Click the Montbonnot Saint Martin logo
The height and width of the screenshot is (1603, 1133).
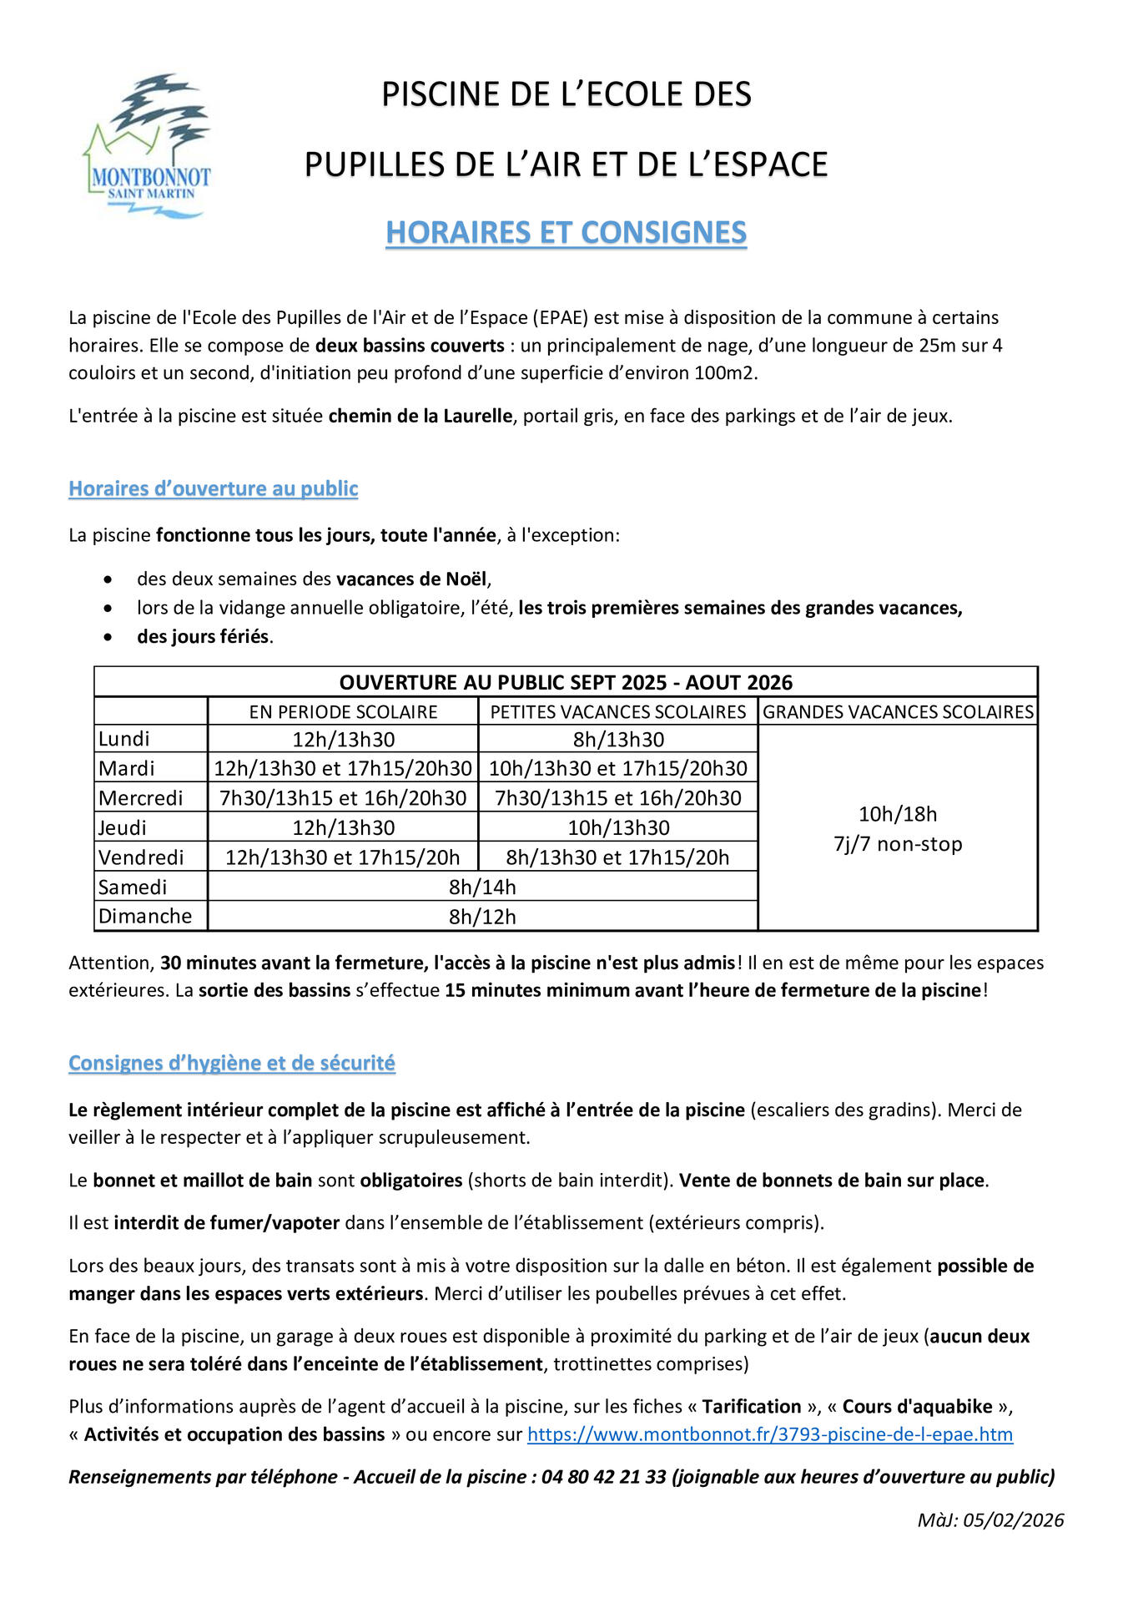coord(148,147)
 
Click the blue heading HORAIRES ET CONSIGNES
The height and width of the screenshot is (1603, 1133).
coord(566,233)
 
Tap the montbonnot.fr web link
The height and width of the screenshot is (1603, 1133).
coord(769,1434)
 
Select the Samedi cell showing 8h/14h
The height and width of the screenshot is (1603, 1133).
coord(482,887)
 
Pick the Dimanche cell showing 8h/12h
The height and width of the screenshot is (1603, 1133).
coord(482,917)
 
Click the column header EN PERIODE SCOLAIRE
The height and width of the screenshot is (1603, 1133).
coord(343,711)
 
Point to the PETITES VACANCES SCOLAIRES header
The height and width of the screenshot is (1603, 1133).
coord(617,711)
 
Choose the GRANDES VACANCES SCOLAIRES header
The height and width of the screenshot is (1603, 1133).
coord(898,711)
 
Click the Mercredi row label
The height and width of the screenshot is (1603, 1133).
coord(140,798)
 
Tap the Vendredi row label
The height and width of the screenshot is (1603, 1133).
coord(141,857)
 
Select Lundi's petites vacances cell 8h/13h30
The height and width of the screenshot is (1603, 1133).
coord(618,740)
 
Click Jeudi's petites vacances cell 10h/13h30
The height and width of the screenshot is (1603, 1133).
coord(618,828)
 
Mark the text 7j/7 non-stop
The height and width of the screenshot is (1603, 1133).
coord(898,844)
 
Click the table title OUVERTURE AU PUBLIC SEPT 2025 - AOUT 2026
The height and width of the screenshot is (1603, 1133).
coord(566,682)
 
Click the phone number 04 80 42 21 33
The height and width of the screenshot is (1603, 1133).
coord(603,1477)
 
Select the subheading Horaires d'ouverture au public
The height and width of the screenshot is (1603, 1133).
coord(214,488)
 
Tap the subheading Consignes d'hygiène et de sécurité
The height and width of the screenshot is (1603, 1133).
coord(232,1063)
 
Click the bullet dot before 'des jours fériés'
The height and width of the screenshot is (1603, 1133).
coord(108,637)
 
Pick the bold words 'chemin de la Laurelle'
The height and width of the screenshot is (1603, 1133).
coord(420,416)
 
